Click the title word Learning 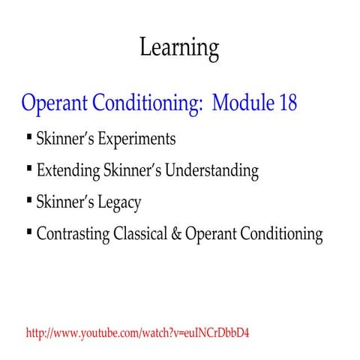point(179,48)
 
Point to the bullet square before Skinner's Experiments point(28,137)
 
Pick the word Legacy point(115,202)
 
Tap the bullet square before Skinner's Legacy point(28,200)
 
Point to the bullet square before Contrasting point(28,232)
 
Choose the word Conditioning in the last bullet point(285,235)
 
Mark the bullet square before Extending point(28,169)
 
